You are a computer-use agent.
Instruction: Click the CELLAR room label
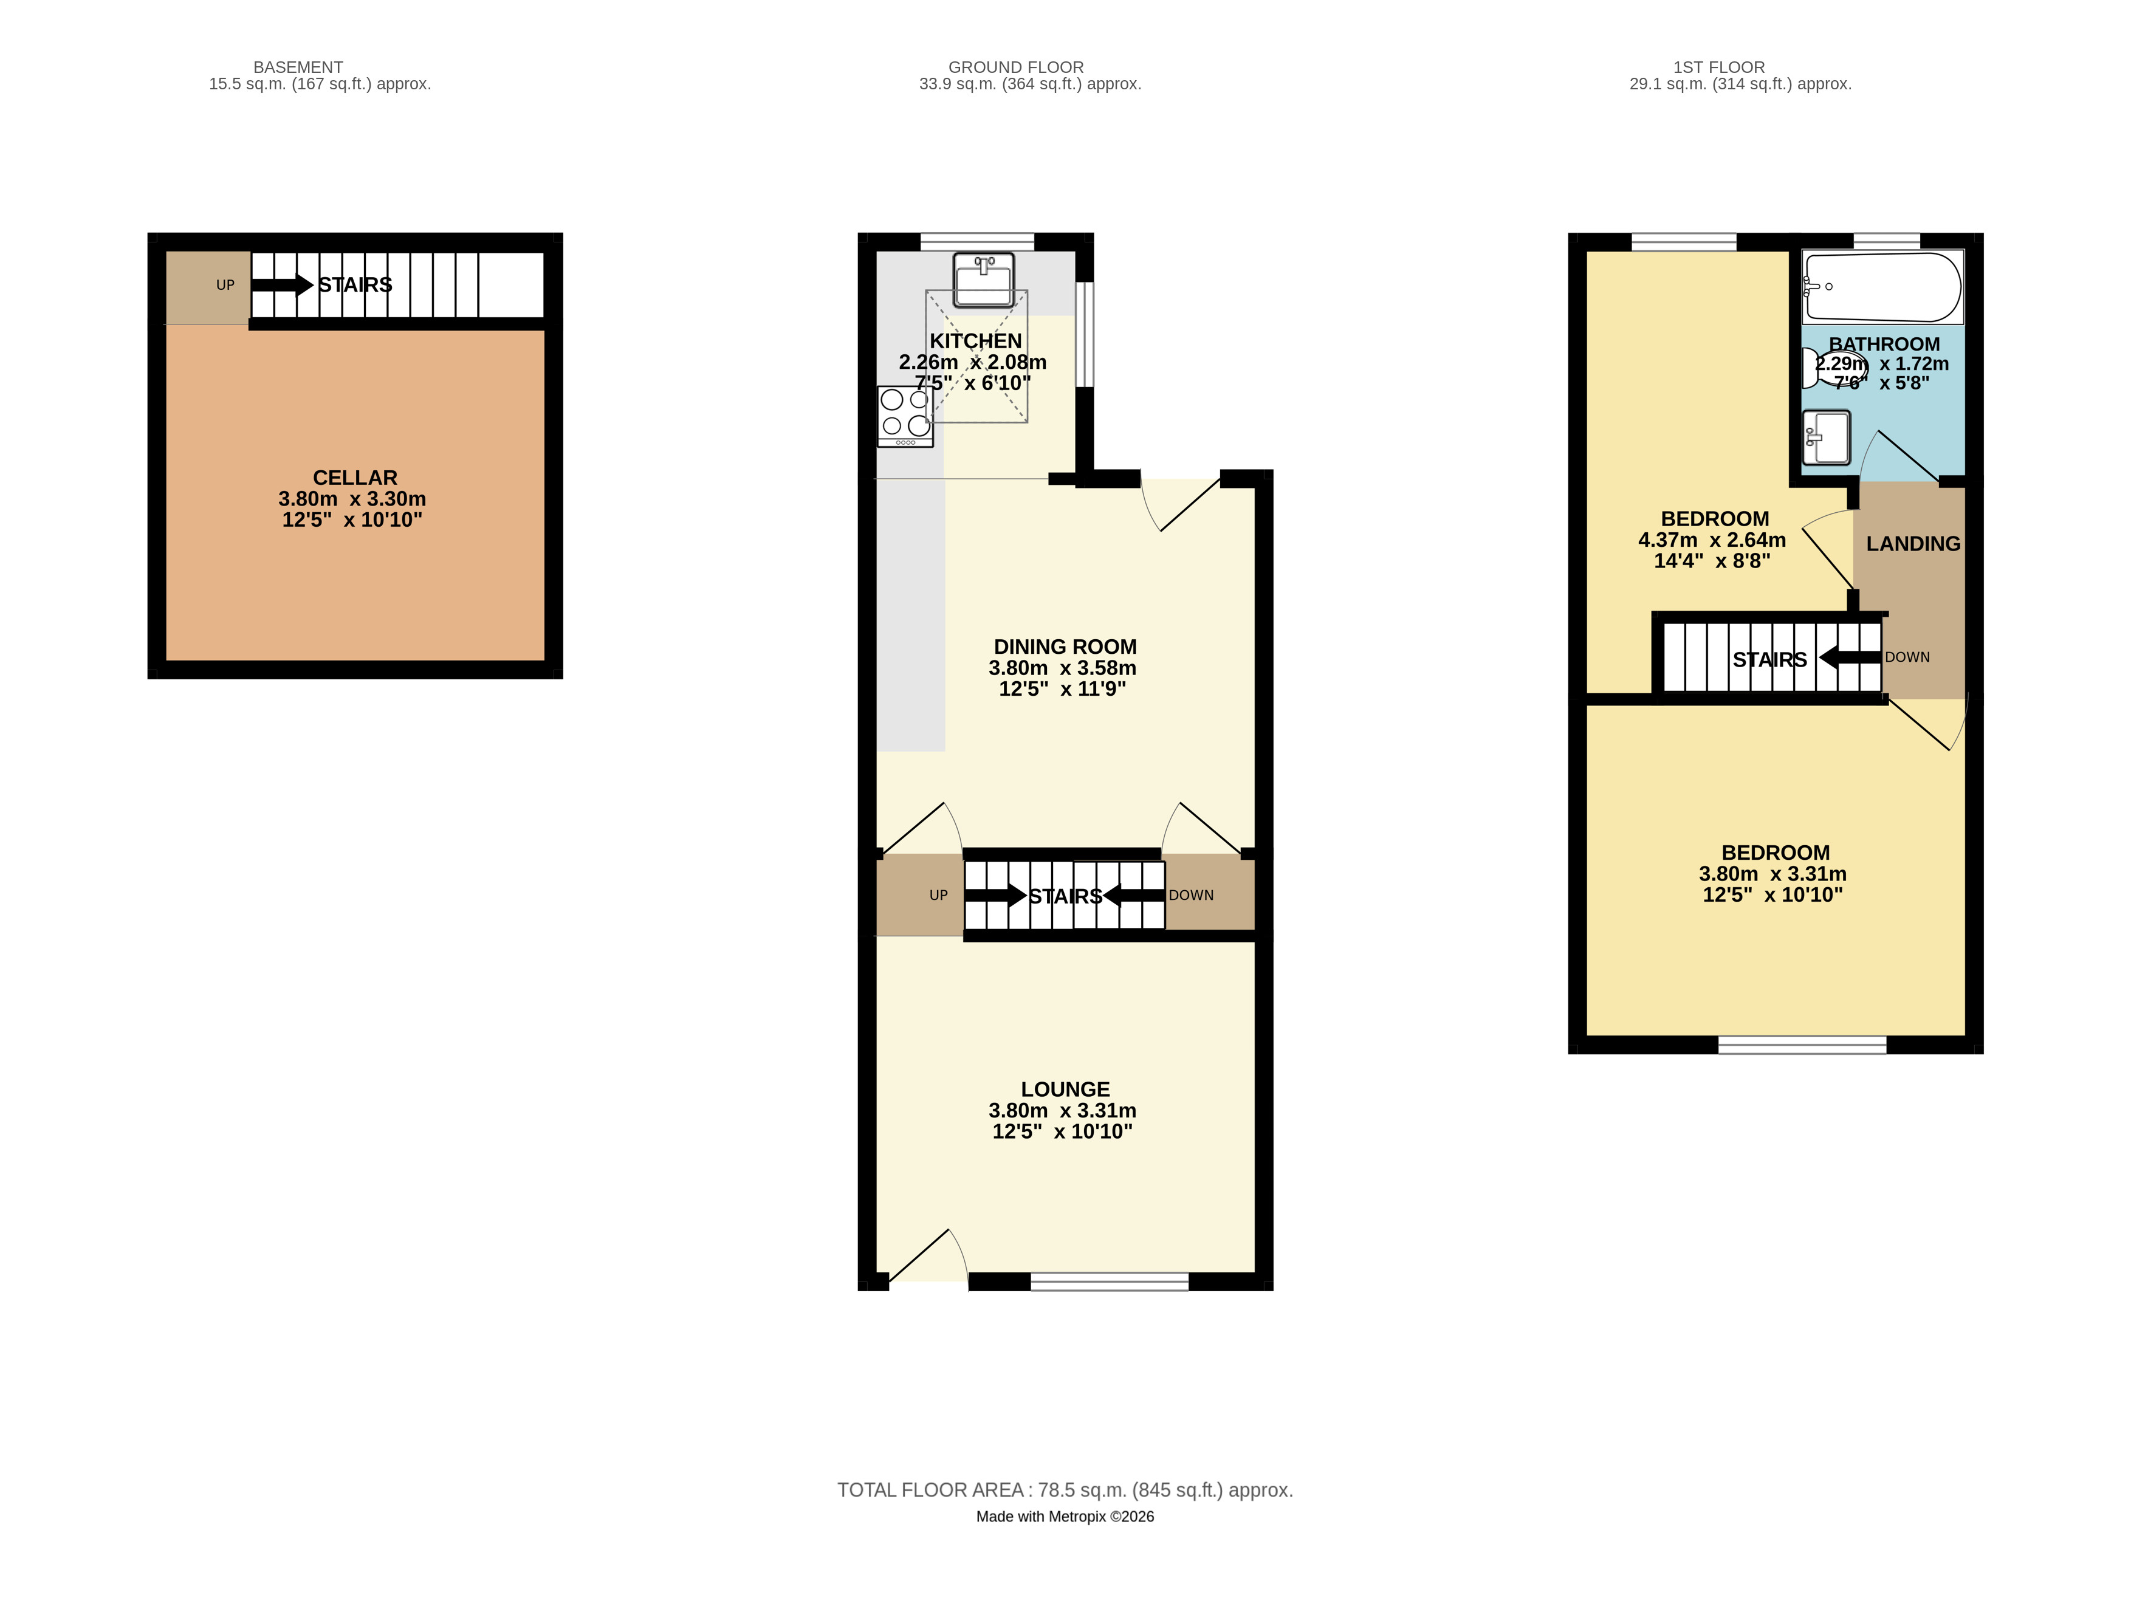click(354, 478)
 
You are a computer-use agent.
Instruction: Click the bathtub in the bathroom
click(1882, 287)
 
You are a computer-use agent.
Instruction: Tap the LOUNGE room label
click(1065, 1089)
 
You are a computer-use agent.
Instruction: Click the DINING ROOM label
click(1065, 647)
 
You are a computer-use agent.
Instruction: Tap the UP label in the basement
click(225, 285)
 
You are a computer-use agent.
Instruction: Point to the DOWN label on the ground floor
click(1191, 895)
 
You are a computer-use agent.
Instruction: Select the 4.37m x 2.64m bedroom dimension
click(1712, 540)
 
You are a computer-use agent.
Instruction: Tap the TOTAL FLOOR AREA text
click(1065, 1489)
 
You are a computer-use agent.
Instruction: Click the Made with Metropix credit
click(1065, 1517)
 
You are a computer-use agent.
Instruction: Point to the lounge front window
click(1109, 1281)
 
